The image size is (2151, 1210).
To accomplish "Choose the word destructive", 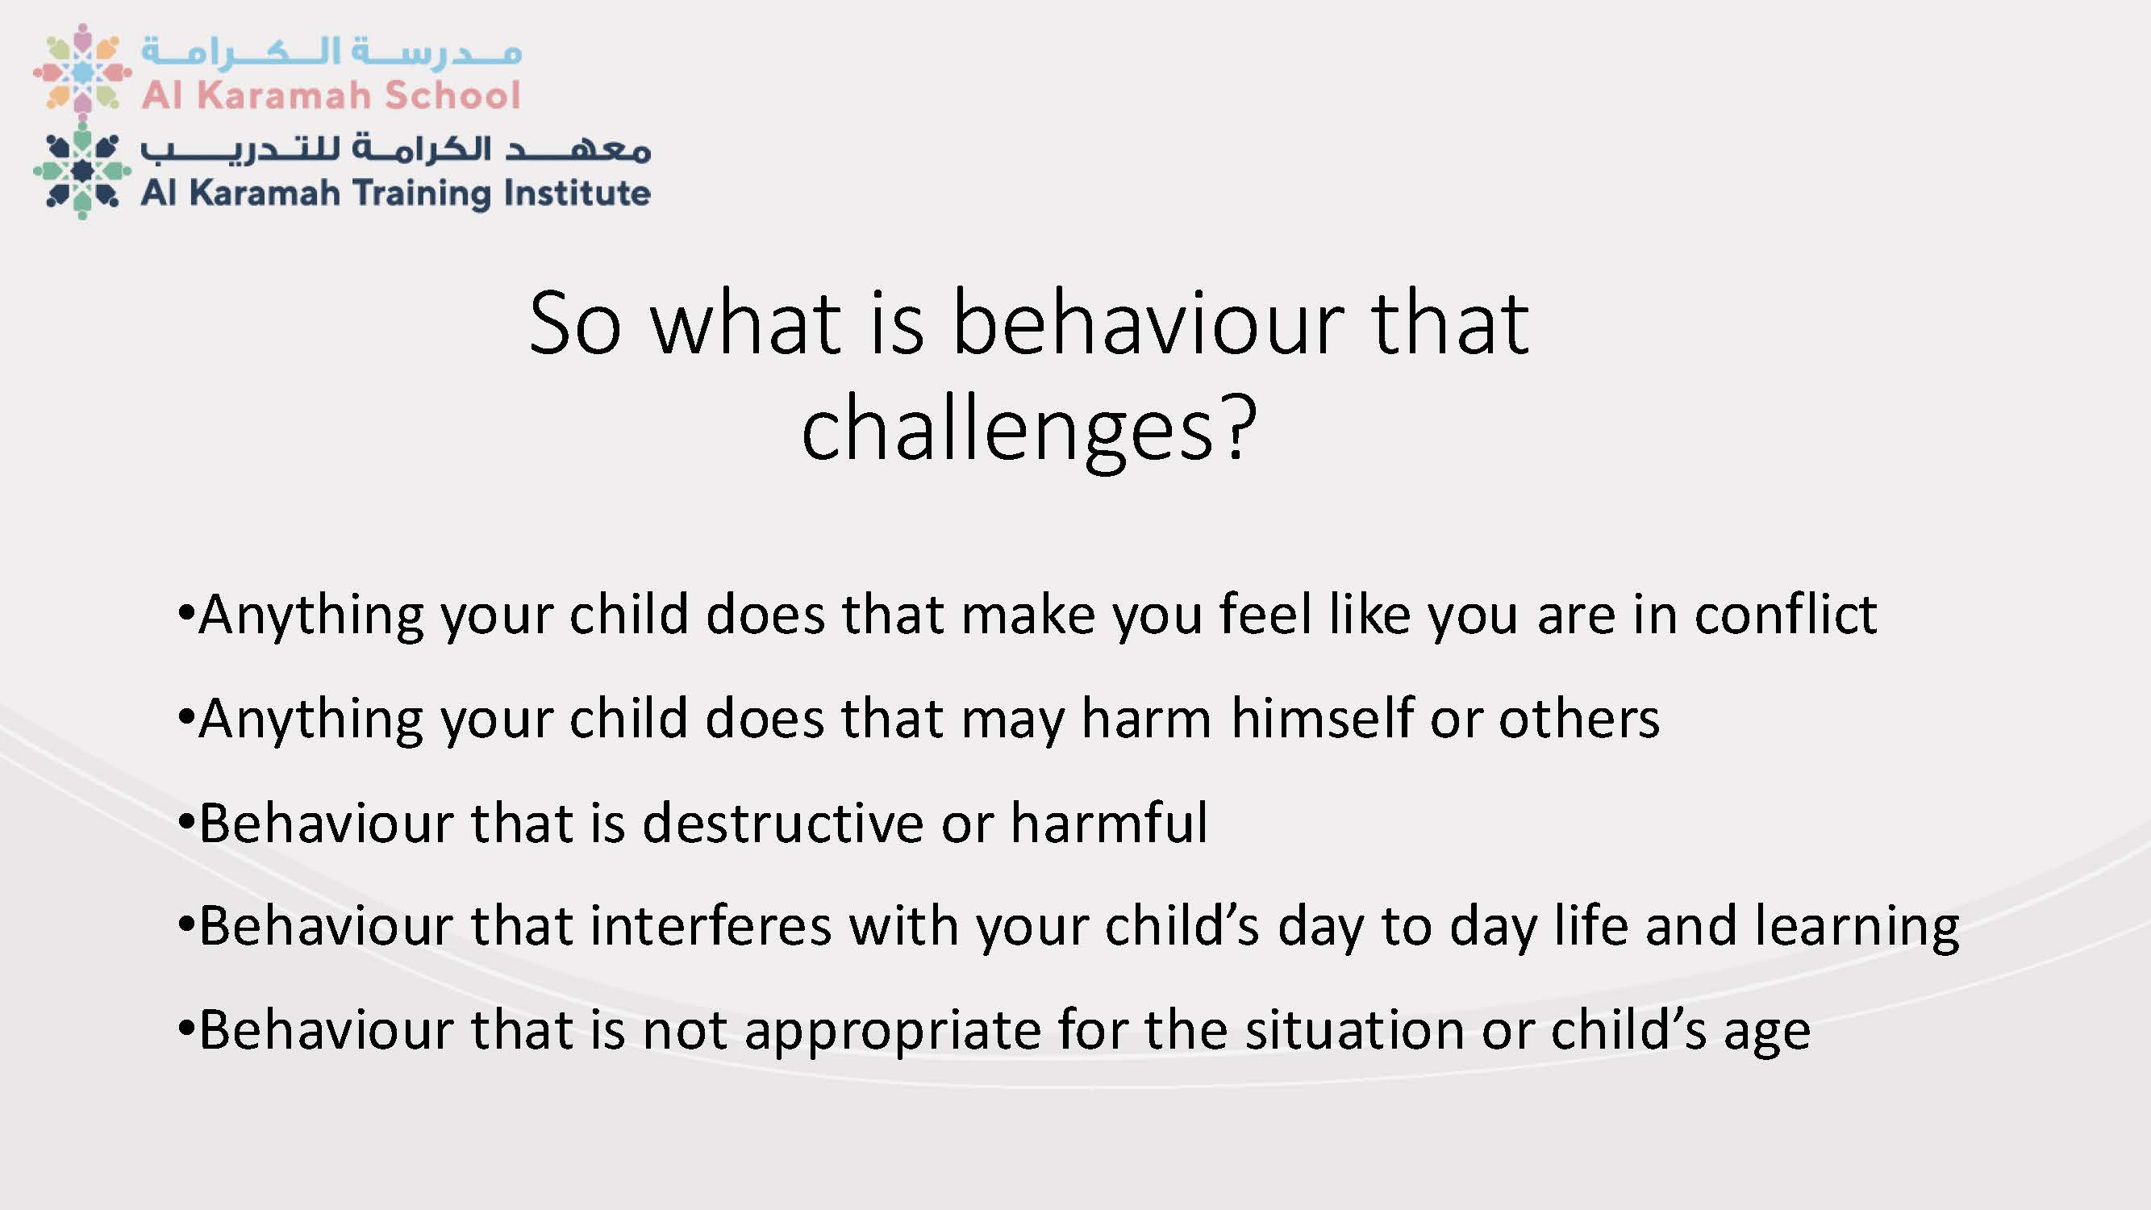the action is pyautogui.click(x=782, y=823).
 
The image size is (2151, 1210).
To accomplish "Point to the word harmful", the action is pyautogui.click(x=1109, y=823).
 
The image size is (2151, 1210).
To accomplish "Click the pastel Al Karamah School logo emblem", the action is pyautogui.click(x=81, y=70).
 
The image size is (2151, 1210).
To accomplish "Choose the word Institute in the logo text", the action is pyautogui.click(x=577, y=193).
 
